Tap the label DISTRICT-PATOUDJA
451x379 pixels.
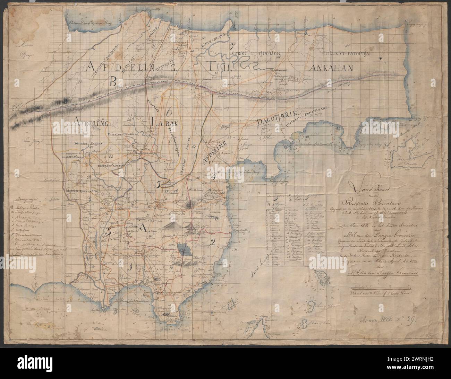pyautogui.click(x=348, y=54)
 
